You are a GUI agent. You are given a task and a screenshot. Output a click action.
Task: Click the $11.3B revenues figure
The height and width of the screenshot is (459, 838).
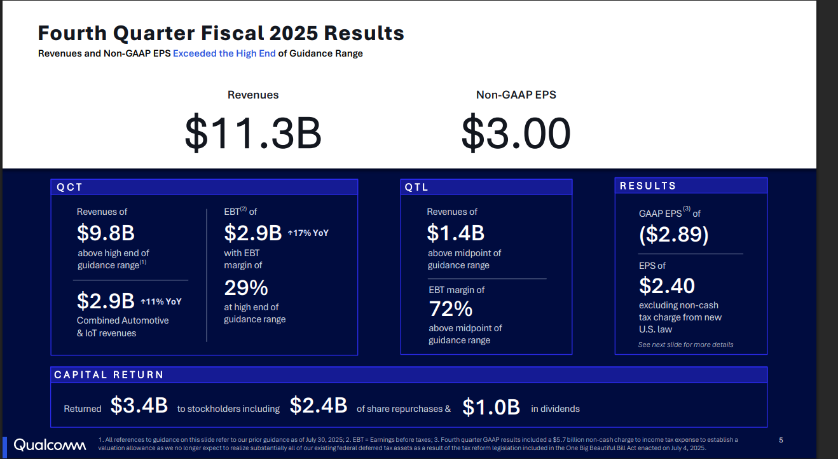coord(253,133)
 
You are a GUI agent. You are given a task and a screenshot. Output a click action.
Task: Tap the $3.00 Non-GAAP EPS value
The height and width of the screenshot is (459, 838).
coord(516,133)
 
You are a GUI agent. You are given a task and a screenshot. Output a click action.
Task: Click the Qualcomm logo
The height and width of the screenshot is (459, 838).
coord(50,445)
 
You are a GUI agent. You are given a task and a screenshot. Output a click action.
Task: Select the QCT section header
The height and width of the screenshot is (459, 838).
coord(70,187)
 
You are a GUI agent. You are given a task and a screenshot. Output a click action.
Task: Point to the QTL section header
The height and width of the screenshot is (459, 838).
coord(417,188)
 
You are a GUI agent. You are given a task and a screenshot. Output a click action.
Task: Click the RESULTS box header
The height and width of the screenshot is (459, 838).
coord(648,186)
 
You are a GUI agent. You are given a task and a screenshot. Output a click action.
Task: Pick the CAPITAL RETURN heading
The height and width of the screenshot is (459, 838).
coord(109,375)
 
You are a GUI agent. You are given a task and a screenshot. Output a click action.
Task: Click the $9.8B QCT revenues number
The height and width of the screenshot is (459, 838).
coord(106,233)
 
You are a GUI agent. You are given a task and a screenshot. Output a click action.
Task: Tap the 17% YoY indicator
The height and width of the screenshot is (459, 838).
coord(308,233)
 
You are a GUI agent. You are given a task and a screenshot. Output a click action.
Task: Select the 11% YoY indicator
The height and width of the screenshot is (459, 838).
coord(161,301)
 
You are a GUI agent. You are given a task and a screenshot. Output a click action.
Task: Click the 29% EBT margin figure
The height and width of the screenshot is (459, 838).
coord(246,288)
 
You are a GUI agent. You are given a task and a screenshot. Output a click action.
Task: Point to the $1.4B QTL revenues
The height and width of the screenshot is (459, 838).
coord(455,233)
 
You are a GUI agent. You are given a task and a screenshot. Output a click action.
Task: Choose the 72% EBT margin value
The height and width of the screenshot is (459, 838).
coord(450,309)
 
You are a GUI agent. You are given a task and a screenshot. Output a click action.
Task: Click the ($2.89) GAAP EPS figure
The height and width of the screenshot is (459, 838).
coord(673,235)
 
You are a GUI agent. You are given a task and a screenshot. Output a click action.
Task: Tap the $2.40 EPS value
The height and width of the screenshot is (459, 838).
coord(667,285)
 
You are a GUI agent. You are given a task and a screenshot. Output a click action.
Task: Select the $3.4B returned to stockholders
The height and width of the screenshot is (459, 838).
coord(139,406)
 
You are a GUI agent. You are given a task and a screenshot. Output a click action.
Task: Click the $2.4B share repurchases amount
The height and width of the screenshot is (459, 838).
coord(319,406)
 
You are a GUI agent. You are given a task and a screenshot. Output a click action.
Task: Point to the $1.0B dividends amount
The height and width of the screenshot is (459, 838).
coord(491,407)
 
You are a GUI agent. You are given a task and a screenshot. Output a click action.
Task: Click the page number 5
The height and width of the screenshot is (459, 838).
coord(781,440)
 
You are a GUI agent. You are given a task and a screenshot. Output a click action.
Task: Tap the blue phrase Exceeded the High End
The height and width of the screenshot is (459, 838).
coord(224,53)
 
